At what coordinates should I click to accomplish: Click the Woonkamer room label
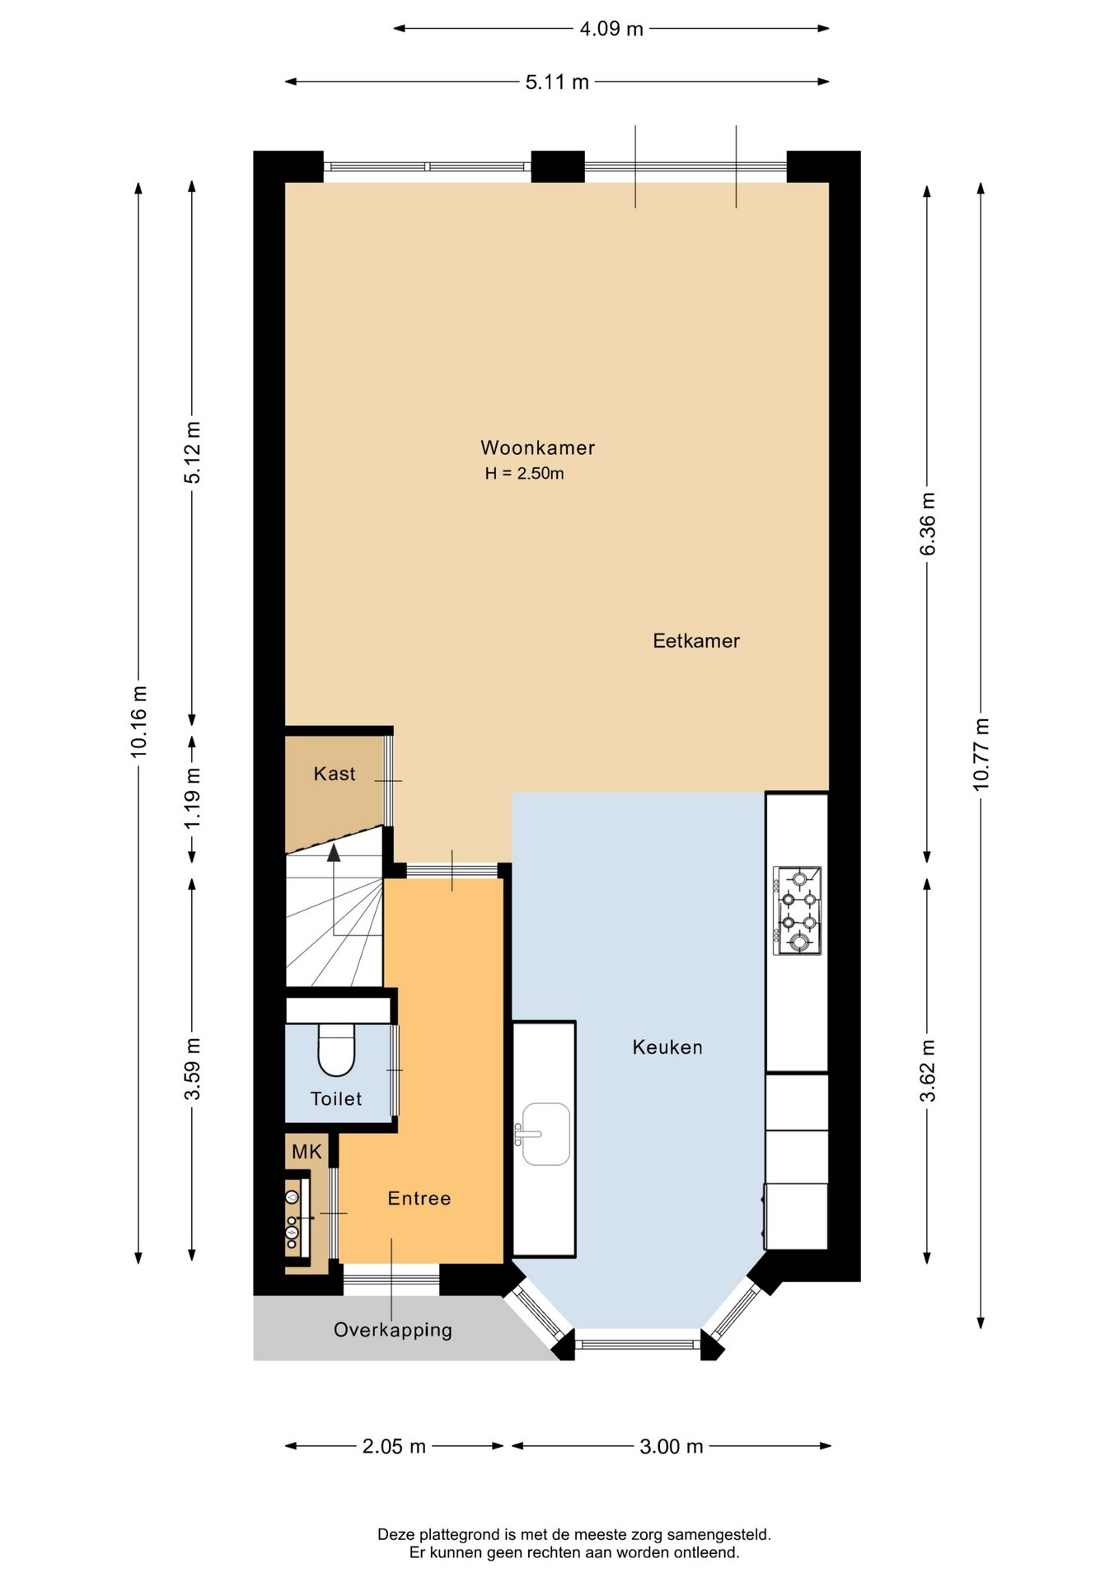[x=537, y=447]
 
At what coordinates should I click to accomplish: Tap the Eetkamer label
[x=696, y=640]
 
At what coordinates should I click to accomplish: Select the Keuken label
[x=667, y=1046]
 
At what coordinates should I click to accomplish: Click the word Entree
[x=419, y=1198]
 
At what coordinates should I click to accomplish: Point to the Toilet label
[x=336, y=1098]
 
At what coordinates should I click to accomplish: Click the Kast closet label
[x=335, y=774]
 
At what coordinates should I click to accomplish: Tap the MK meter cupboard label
[x=307, y=1152]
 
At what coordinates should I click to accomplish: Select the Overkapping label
[x=393, y=1330]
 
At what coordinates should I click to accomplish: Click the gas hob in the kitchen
[x=797, y=910]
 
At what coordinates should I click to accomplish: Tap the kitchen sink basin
[x=546, y=1135]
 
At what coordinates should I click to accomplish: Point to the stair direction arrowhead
[x=334, y=853]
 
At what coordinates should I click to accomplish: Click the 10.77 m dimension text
[x=981, y=754]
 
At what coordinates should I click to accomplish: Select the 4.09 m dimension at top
[x=611, y=29]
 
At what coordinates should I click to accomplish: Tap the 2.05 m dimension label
[x=394, y=1446]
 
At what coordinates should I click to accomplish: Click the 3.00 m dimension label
[x=672, y=1446]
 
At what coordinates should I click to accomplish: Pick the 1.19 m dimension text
[x=192, y=798]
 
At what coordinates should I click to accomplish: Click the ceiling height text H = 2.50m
[x=524, y=473]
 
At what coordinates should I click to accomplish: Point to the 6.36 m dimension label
[x=928, y=523]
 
